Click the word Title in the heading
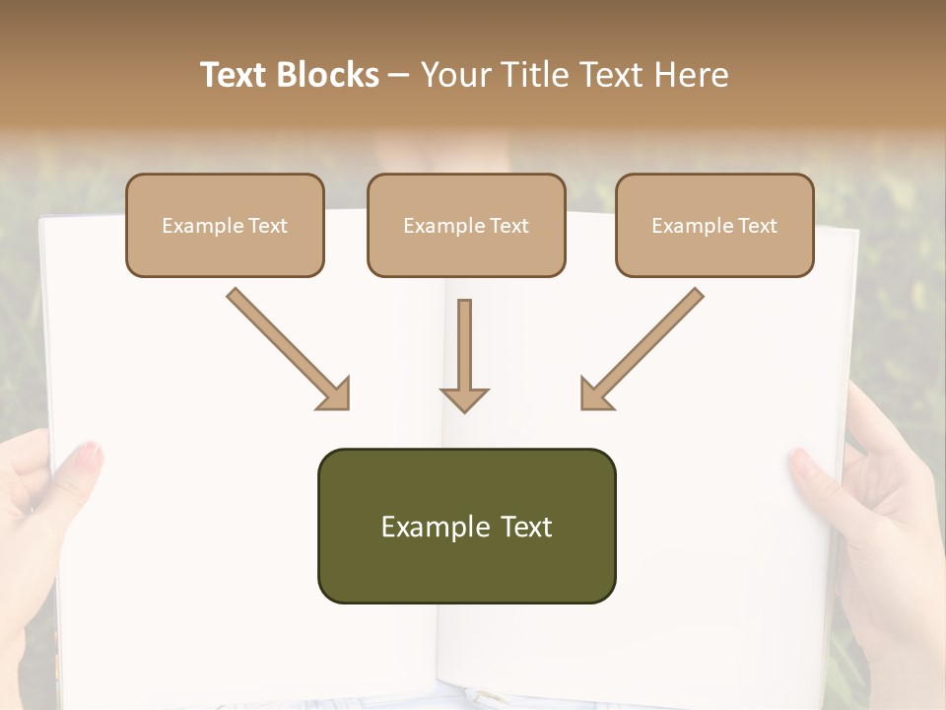click(530, 75)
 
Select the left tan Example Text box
click(225, 225)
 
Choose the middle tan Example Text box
click(466, 225)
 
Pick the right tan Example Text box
click(714, 225)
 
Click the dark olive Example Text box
click(466, 526)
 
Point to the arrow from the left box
click(286, 346)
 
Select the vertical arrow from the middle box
click(465, 350)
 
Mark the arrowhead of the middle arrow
click(465, 398)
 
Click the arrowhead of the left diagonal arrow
click(335, 394)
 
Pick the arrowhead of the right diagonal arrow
click(595, 394)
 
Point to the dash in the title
click(399, 76)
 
